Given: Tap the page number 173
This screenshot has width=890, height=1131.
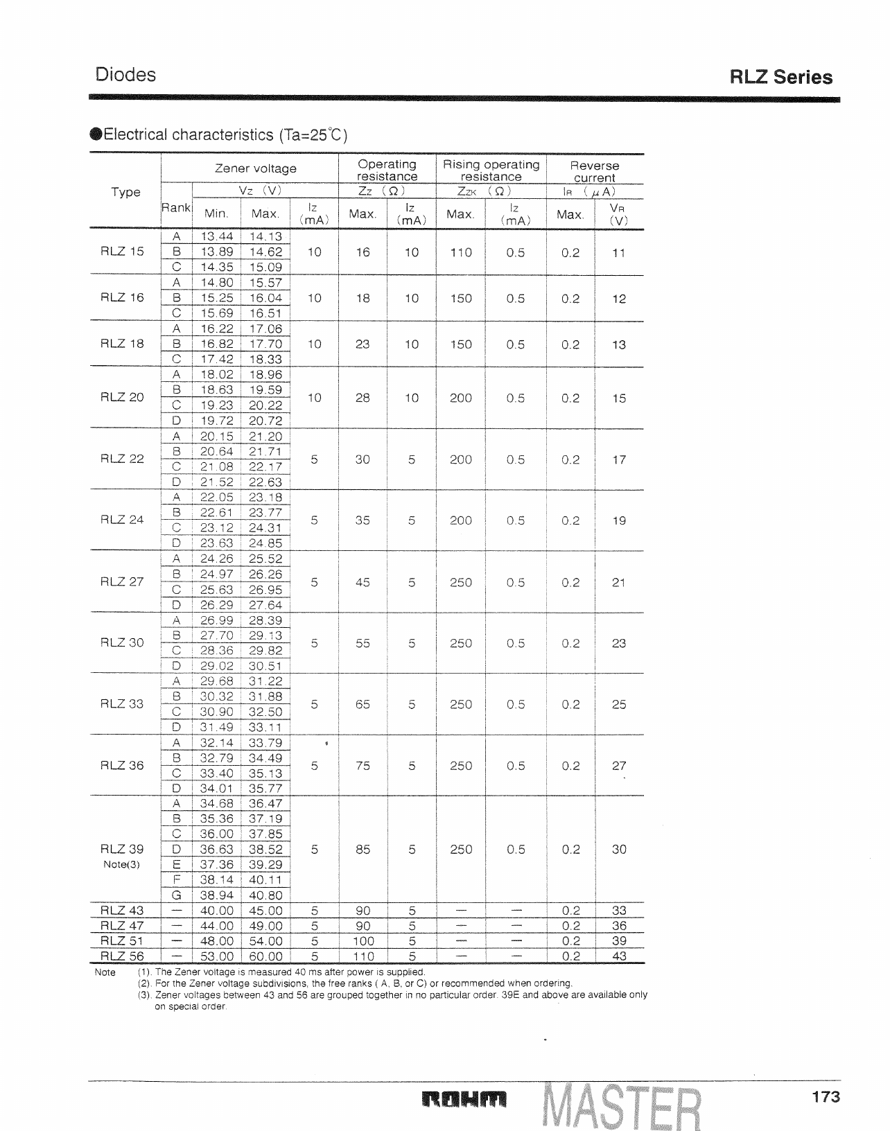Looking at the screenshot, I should [x=826, y=1096].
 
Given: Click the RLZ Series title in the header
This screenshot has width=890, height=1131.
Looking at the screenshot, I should [x=781, y=77].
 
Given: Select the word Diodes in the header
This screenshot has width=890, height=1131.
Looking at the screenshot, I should [x=125, y=75].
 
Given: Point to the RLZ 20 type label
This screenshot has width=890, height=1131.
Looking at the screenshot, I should [x=123, y=397].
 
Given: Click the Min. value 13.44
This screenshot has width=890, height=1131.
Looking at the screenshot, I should [x=216, y=236].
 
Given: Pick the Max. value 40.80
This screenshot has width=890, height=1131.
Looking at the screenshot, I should [x=265, y=895].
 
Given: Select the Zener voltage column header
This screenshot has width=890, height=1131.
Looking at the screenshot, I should [x=256, y=168].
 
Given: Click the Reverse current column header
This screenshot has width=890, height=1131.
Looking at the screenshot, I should [x=595, y=171].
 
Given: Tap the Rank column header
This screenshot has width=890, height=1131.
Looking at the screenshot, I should [x=176, y=207].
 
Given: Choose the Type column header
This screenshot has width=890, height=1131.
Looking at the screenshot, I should [x=125, y=192].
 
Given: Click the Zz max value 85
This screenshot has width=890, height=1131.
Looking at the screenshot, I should [x=363, y=849].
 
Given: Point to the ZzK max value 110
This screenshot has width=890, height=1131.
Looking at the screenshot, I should [x=461, y=252].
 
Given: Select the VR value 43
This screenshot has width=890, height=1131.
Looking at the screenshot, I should [x=619, y=956].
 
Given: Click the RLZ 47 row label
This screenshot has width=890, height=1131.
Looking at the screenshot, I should [x=123, y=925].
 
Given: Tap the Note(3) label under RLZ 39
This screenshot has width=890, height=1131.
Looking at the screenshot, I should [x=123, y=864].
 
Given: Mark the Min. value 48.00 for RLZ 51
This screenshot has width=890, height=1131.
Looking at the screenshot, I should [x=216, y=940].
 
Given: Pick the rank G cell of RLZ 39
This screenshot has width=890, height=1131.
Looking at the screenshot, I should [x=176, y=895].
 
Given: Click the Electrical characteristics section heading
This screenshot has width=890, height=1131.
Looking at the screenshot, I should [x=221, y=134].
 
